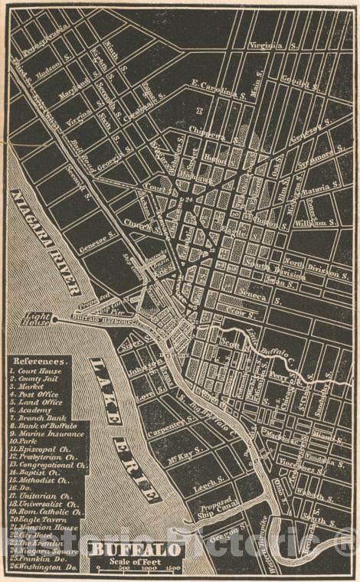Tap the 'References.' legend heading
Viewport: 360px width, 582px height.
tap(38, 359)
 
